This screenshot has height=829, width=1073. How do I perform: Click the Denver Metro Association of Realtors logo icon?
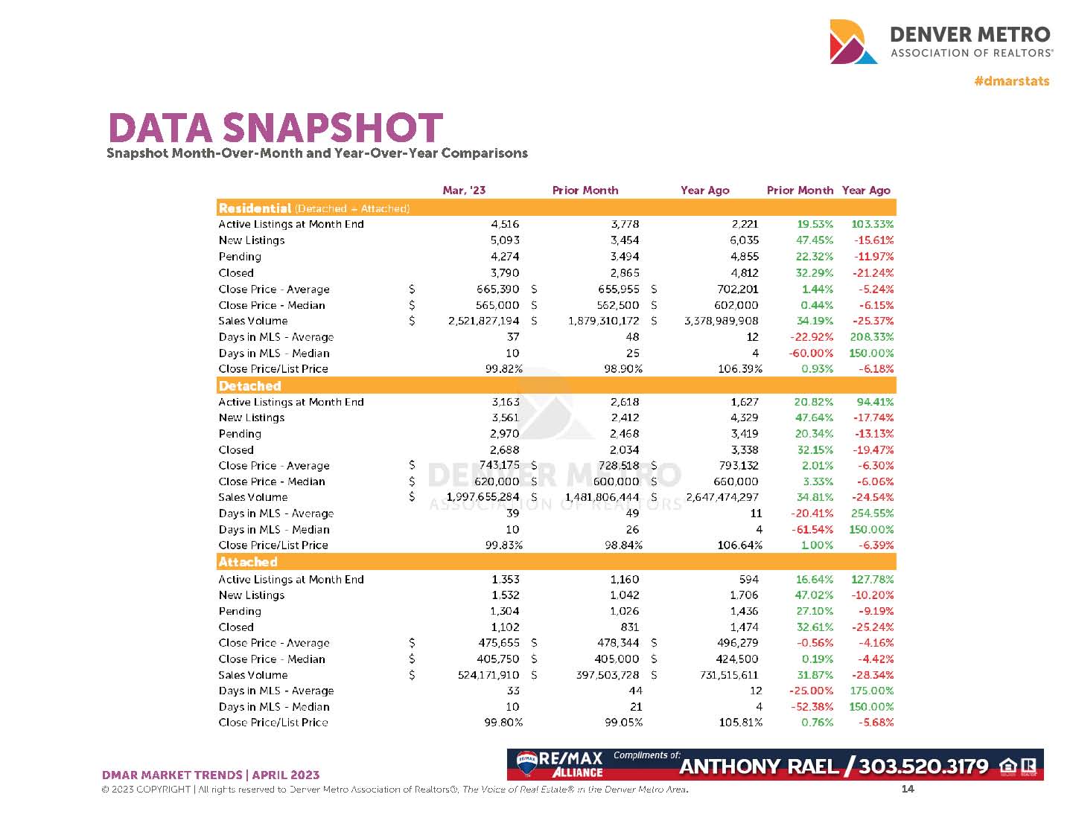pyautogui.click(x=853, y=42)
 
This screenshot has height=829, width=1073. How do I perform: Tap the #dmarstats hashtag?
pyautogui.click(x=1011, y=81)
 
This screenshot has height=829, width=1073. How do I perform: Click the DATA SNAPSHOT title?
pyautogui.click(x=276, y=128)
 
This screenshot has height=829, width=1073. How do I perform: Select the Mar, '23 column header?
pyautogui.click(x=463, y=191)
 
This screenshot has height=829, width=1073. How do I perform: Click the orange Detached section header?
pyautogui.click(x=249, y=385)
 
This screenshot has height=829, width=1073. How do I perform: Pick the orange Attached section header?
pyautogui.click(x=248, y=562)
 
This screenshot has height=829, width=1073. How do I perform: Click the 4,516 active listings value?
pyautogui.click(x=505, y=224)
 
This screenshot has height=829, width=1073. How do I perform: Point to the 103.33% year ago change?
pyautogui.click(x=872, y=224)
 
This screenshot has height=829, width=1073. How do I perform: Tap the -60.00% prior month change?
pyautogui.click(x=811, y=353)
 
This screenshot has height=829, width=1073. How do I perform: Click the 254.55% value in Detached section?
pyautogui.click(x=872, y=513)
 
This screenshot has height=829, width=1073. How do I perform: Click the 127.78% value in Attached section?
pyautogui.click(x=872, y=579)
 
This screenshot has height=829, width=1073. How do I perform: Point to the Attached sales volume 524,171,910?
pyautogui.click(x=488, y=675)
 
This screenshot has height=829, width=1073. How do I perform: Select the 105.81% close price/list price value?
pyautogui.click(x=738, y=722)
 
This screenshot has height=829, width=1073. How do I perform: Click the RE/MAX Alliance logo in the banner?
pyautogui.click(x=561, y=765)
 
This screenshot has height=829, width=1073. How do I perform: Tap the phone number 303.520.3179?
pyautogui.click(x=923, y=766)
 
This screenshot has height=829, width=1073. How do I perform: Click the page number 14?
pyautogui.click(x=907, y=789)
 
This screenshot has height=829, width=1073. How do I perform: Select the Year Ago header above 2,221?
pyautogui.click(x=704, y=191)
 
